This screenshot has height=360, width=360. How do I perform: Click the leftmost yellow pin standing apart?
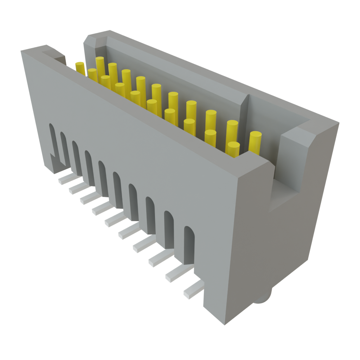point(80,67)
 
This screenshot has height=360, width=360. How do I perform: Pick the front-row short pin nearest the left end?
point(92,75)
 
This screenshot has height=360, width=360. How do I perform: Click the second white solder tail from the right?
point(178,274)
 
